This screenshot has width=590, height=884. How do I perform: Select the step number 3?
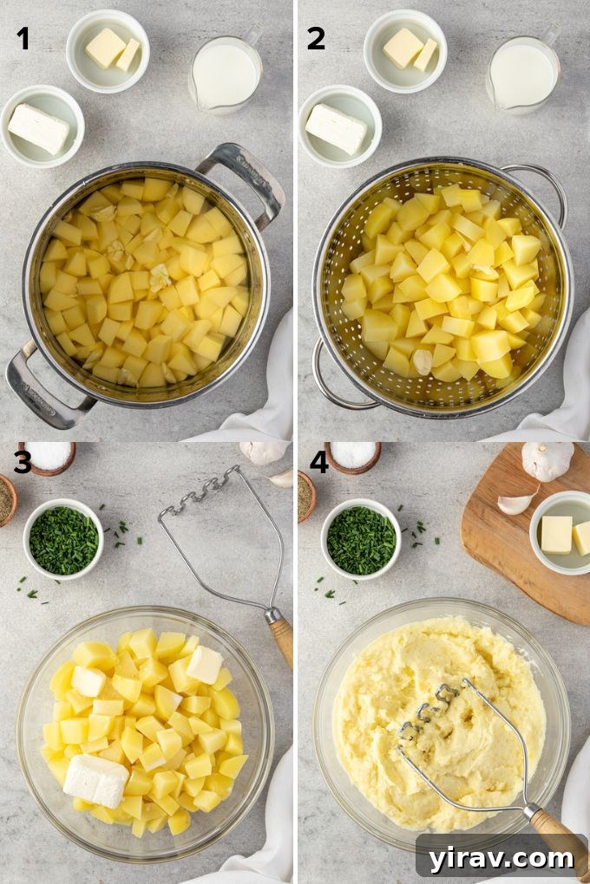coord(22,462)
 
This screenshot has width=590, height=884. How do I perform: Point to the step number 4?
coord(318,462)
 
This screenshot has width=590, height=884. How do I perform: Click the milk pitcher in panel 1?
coord(224,75)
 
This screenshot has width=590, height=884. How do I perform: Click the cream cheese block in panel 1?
coord(39,128)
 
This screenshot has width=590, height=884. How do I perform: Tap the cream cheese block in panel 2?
coord(336,128)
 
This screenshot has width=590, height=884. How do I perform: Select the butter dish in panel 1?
coord(108,50)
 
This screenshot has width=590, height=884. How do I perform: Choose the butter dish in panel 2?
coord(405,50)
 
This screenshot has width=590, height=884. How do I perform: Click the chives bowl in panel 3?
coord(63,539)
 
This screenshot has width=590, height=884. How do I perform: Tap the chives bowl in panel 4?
coord(361,539)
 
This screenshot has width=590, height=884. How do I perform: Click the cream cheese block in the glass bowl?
coord(95,779)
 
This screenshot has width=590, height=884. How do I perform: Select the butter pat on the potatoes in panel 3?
coord(205,664)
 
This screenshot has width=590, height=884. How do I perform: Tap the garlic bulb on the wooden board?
coord(547,461)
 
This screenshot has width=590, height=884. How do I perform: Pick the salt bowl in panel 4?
coord(352,456)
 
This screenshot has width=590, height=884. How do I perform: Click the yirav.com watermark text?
coord(501,858)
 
